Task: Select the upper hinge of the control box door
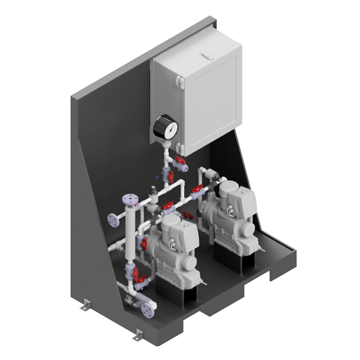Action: (x=179, y=81)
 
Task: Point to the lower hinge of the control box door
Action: (x=179, y=148)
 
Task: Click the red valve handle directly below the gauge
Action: (x=179, y=161)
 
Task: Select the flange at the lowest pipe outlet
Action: (x=148, y=310)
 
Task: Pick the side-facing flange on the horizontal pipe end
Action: (x=113, y=220)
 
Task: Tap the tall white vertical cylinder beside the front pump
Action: (x=129, y=235)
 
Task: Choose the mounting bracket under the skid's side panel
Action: (x=86, y=305)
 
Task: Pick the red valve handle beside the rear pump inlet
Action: (x=198, y=189)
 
